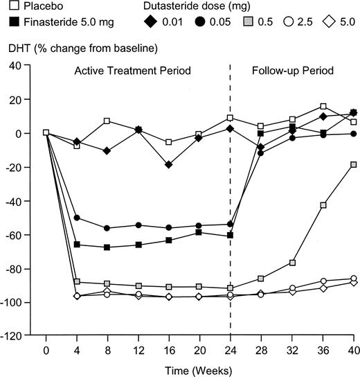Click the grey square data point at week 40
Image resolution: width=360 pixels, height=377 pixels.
pyautogui.click(x=354, y=164)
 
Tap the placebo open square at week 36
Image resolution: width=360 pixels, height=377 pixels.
pyautogui.click(x=323, y=107)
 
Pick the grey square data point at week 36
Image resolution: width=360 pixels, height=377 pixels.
pyautogui.click(x=323, y=205)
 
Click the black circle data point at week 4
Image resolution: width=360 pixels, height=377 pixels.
pyautogui.click(x=76, y=218)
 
